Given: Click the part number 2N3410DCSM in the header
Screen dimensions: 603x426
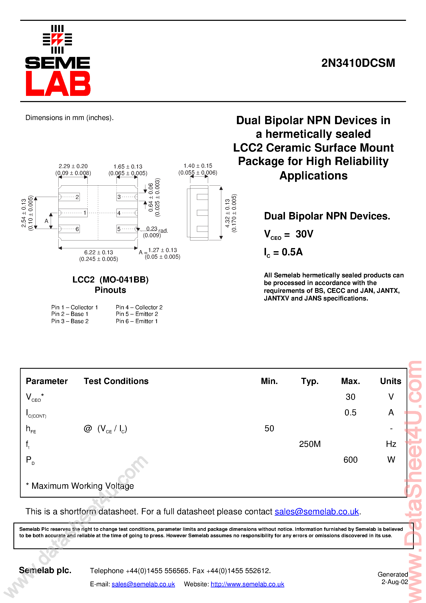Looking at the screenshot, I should pyautogui.click(x=358, y=63).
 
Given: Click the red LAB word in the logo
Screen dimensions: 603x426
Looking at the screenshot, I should pyautogui.click(x=58, y=84).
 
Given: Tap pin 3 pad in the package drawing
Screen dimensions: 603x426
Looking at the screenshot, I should pyautogui.click(x=127, y=197).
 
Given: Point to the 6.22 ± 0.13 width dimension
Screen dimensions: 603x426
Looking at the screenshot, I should pyautogui.click(x=99, y=252).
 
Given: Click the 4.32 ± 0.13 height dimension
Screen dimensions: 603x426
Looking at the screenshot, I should pyautogui.click(x=227, y=213).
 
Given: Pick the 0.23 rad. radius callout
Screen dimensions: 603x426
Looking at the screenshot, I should pyautogui.click(x=157, y=229).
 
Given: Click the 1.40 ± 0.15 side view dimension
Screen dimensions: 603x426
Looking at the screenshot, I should pyautogui.click(x=198, y=166).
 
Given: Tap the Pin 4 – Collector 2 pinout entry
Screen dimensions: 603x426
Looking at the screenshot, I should pyautogui.click(x=139, y=307).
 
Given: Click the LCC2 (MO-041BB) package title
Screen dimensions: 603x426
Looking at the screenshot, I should pyautogui.click(x=110, y=280).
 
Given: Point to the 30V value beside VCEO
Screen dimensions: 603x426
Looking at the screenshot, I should pyautogui.click(x=304, y=234).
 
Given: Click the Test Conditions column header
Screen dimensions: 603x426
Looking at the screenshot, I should pyautogui.click(x=116, y=381).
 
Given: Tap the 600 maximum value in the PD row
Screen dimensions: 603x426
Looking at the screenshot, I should pyautogui.click(x=350, y=460).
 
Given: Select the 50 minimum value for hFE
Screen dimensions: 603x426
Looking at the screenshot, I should pyautogui.click(x=269, y=428).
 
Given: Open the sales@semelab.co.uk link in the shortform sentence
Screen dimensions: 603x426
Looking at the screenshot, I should pyautogui.click(x=317, y=512).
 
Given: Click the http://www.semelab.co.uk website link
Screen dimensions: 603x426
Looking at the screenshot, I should pyautogui.click(x=247, y=584).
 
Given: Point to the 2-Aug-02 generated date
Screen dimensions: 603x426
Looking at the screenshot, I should pyautogui.click(x=394, y=582).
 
